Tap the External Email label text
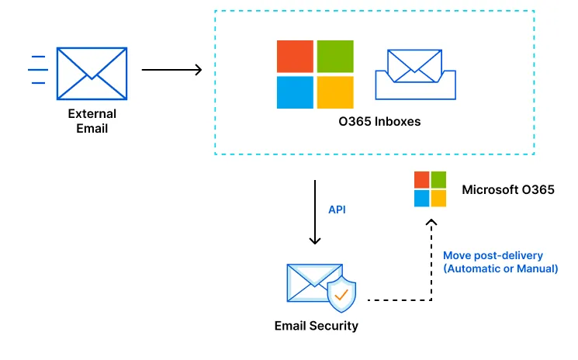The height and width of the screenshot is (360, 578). [92, 121]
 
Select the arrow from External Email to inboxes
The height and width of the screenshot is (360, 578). [171, 70]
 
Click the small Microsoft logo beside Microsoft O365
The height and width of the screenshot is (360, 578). [430, 189]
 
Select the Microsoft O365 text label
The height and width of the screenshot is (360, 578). [507, 189]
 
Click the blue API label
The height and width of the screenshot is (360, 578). [337, 209]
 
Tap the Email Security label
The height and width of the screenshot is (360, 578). [317, 326]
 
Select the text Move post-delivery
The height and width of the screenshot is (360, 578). [493, 255]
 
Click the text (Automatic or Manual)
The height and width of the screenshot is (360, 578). [500, 269]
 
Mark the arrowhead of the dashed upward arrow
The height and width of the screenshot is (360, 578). [433, 223]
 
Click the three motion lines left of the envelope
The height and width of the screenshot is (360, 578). [37, 70]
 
